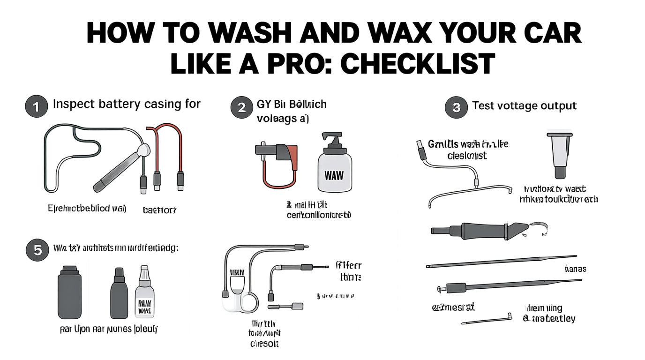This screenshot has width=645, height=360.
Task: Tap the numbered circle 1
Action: [x=36, y=107]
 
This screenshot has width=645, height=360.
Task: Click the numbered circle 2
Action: [x=242, y=107]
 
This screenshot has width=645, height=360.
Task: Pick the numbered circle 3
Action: [x=456, y=108]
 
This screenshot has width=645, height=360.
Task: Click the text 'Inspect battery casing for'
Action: [x=127, y=104]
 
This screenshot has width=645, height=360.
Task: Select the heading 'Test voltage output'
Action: [x=524, y=106]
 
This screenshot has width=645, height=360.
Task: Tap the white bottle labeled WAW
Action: [x=334, y=171]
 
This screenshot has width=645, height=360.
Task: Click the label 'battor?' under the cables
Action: [x=159, y=210]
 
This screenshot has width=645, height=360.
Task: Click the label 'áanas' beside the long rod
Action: [x=576, y=269]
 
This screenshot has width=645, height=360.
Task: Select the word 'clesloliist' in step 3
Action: [x=467, y=155]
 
